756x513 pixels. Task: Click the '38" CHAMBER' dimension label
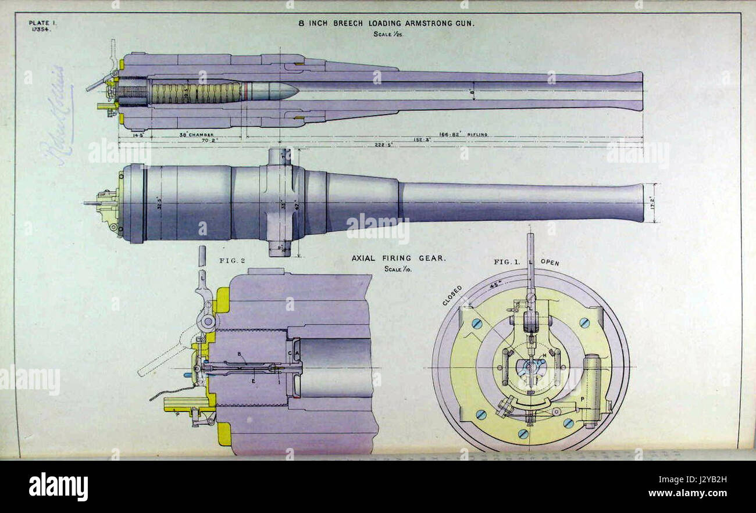coord(196,135)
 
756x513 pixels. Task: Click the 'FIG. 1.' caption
coord(507,262)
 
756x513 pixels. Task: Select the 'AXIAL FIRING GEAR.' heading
coord(398,259)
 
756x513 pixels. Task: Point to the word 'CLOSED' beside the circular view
coord(452,295)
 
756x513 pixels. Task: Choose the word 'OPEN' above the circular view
coord(550,263)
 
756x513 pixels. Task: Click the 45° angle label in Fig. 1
coord(495,285)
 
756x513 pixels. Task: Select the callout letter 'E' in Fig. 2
coord(253,381)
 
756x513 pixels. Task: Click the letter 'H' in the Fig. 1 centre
coord(544,356)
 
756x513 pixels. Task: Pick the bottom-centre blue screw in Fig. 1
coord(523,433)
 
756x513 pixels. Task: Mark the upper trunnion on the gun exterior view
coord(280,157)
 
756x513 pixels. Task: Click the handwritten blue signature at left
coord(59,116)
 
